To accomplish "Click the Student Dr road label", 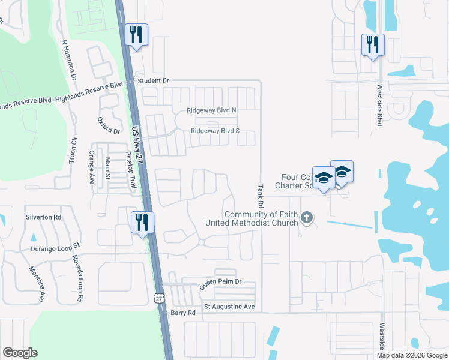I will coord(154,80).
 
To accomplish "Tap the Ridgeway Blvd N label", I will coord(212,110).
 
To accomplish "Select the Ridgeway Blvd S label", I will coord(215,131).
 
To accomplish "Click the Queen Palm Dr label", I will coord(221,281).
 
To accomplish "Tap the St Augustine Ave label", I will coord(229,307).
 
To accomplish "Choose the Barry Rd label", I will coord(183,313).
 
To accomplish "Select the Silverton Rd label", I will coord(43,217).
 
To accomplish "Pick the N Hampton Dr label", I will coord(69,60).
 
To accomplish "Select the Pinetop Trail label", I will coord(131,172).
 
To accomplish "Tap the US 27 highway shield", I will coord(158,298).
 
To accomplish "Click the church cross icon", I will coord(307,217).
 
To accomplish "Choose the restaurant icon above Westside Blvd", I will coord(372,44).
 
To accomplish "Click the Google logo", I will coord(19,353).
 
